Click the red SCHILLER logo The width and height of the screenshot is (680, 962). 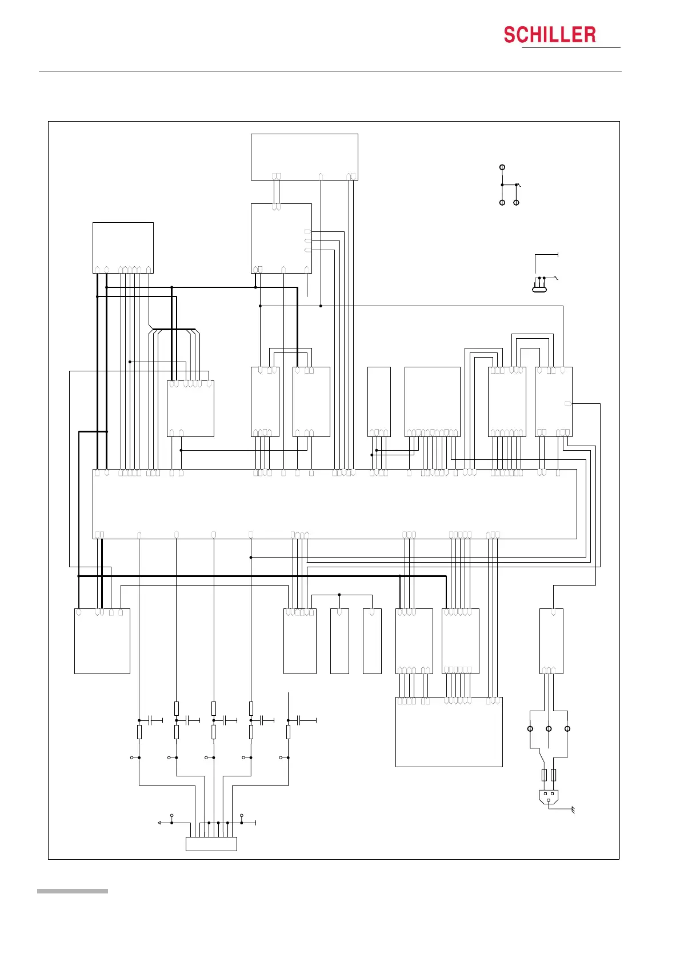click(x=549, y=35)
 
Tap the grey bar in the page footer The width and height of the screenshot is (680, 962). click(x=72, y=891)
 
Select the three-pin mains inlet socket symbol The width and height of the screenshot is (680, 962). click(x=549, y=796)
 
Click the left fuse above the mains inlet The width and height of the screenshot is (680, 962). click(x=544, y=775)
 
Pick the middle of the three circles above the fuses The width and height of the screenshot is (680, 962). click(x=549, y=729)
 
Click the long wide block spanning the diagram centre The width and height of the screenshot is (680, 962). click(x=334, y=504)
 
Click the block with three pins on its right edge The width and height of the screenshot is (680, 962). click(x=281, y=238)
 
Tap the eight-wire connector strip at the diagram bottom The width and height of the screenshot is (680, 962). click(x=211, y=844)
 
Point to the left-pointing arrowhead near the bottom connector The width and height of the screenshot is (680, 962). click(x=159, y=823)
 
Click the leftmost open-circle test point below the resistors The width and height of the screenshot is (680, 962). click(x=132, y=757)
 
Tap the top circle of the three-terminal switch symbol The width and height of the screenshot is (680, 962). click(x=502, y=167)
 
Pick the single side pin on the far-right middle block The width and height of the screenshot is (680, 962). click(x=567, y=404)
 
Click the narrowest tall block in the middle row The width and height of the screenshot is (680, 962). click(x=379, y=402)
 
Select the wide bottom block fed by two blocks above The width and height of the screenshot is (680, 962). click(x=449, y=732)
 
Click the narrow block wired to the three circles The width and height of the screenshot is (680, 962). click(x=551, y=641)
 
